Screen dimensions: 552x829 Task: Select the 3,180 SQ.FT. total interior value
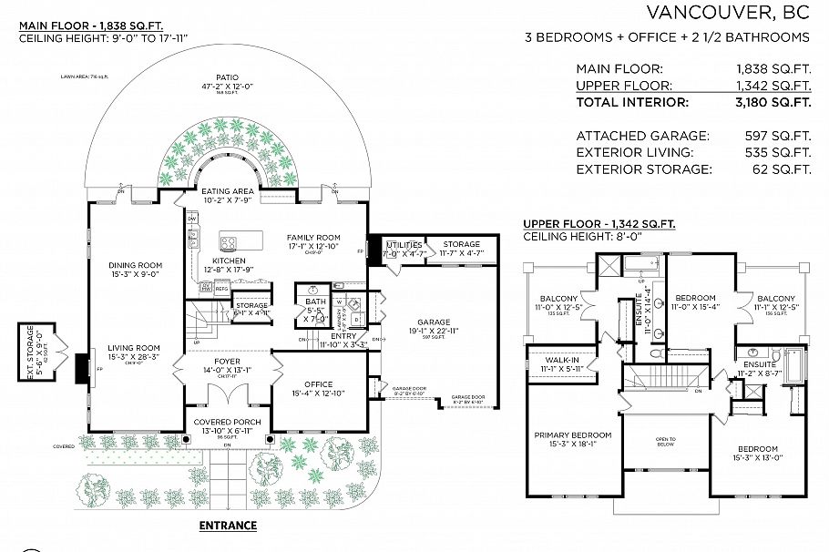pyautogui.click(x=773, y=102)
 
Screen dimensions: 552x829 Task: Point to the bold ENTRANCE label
pyautogui.click(x=228, y=526)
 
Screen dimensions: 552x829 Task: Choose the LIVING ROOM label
pyautogui.click(x=133, y=347)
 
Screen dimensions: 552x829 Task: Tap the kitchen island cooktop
pyautogui.click(x=229, y=243)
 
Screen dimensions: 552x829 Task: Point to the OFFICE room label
pyautogui.click(x=312, y=383)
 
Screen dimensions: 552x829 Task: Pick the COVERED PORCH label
pyautogui.click(x=227, y=422)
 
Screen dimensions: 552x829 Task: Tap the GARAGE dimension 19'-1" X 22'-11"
pyautogui.click(x=434, y=332)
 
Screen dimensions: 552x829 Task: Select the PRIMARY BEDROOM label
pyautogui.click(x=572, y=434)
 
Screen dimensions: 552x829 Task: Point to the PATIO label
pyautogui.click(x=227, y=77)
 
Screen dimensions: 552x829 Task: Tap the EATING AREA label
pyautogui.click(x=227, y=191)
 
